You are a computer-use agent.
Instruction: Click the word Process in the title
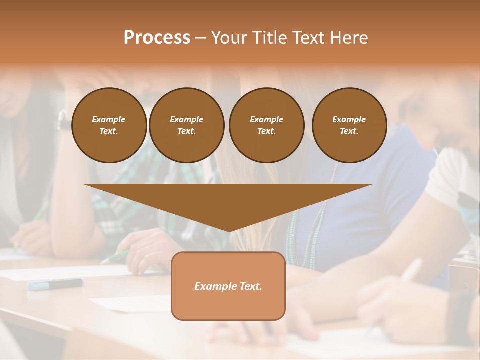coord(157,38)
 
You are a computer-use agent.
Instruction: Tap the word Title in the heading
coord(270,38)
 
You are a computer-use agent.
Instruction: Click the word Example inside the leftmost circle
coord(109,119)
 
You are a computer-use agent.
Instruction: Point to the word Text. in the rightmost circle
coord(349,131)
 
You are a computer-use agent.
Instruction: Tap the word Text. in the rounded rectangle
coord(252,286)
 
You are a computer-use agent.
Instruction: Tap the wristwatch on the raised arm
coord(63,120)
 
